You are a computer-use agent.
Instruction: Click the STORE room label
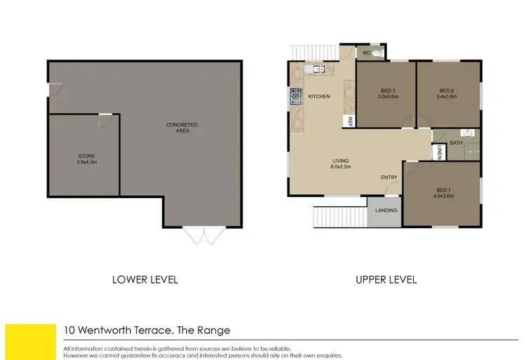87,156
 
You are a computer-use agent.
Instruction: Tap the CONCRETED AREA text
182,125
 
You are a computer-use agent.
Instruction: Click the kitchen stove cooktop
296,96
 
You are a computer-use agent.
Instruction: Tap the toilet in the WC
376,53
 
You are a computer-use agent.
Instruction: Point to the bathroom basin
468,133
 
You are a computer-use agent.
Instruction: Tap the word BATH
456,143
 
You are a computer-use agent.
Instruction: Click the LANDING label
386,211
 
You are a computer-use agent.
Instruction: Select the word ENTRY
389,178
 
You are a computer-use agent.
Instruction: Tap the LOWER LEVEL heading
145,279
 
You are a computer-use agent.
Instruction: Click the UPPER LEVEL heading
386,279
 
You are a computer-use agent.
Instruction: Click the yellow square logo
30,341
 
